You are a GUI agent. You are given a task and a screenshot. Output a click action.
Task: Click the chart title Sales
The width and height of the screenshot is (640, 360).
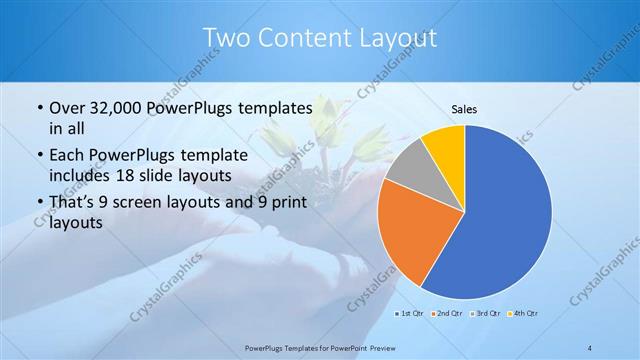click(464, 109)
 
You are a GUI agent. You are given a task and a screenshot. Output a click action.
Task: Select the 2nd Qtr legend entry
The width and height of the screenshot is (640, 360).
click(447, 315)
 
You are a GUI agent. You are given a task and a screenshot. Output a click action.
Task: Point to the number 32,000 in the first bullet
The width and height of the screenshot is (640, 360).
click(115, 108)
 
